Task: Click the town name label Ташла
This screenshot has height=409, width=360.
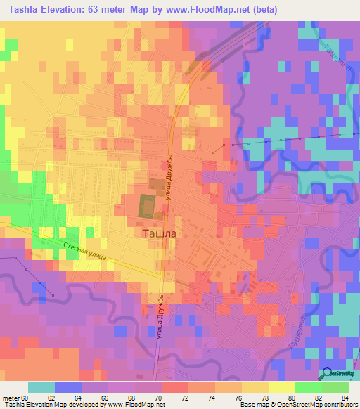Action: pos(152,233)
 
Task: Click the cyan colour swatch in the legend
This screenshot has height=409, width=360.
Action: pos(41,387)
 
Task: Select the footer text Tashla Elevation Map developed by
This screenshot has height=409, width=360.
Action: pos(52,405)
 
